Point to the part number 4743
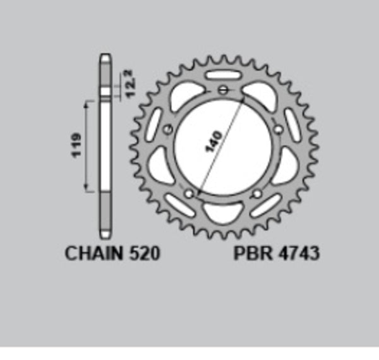tap(298, 254)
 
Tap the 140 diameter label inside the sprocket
tap(213, 143)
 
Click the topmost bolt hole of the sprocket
tap(222, 89)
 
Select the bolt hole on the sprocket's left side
tap(168, 131)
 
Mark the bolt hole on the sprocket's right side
tap(277, 129)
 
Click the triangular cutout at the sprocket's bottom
tap(223, 214)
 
